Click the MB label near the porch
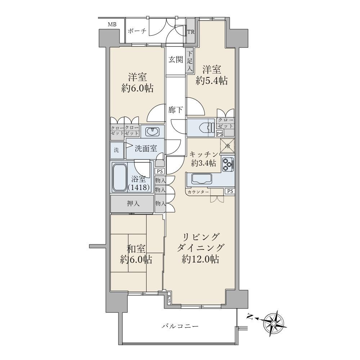[112, 24]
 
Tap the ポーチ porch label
[137, 31]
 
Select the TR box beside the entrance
[190, 32]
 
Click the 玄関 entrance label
[176, 60]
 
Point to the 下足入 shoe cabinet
[190, 61]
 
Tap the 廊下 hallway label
[175, 110]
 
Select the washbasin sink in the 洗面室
[152, 132]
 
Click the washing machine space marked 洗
[117, 150]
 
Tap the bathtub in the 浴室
[120, 177]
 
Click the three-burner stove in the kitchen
[228, 164]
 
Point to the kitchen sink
[202, 179]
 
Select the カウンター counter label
[198, 192]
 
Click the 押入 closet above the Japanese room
[132, 204]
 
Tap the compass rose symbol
[274, 323]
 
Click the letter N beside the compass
[250, 317]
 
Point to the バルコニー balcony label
[180, 326]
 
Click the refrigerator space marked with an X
[228, 145]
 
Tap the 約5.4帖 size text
[212, 81]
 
